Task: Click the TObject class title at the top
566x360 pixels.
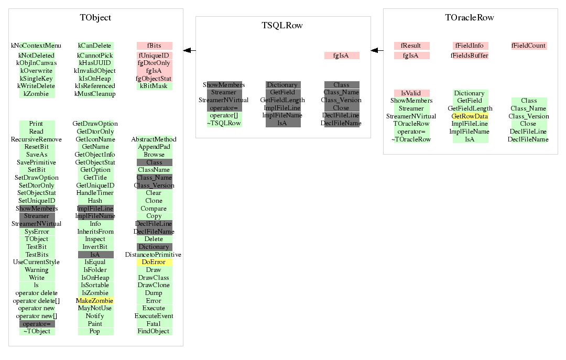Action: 95,17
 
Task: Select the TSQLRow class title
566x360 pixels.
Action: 282,25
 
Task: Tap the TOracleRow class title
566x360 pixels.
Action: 470,17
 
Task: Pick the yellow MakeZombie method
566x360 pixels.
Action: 95,301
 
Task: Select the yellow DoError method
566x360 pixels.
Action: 154,262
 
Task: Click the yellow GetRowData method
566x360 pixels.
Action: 470,116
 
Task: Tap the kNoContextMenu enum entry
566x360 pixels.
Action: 36,46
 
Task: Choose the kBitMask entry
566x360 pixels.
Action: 154,86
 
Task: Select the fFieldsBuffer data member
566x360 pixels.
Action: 470,56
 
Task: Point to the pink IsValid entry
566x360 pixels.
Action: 411,93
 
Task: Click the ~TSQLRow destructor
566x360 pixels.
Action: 224,123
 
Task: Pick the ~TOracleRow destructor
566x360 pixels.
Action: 411,139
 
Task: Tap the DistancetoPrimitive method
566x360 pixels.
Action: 154,255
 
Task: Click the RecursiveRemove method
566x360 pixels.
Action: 36,139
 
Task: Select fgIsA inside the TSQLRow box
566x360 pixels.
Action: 341,56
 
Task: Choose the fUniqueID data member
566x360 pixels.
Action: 154,56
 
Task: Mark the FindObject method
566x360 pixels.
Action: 154,331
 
